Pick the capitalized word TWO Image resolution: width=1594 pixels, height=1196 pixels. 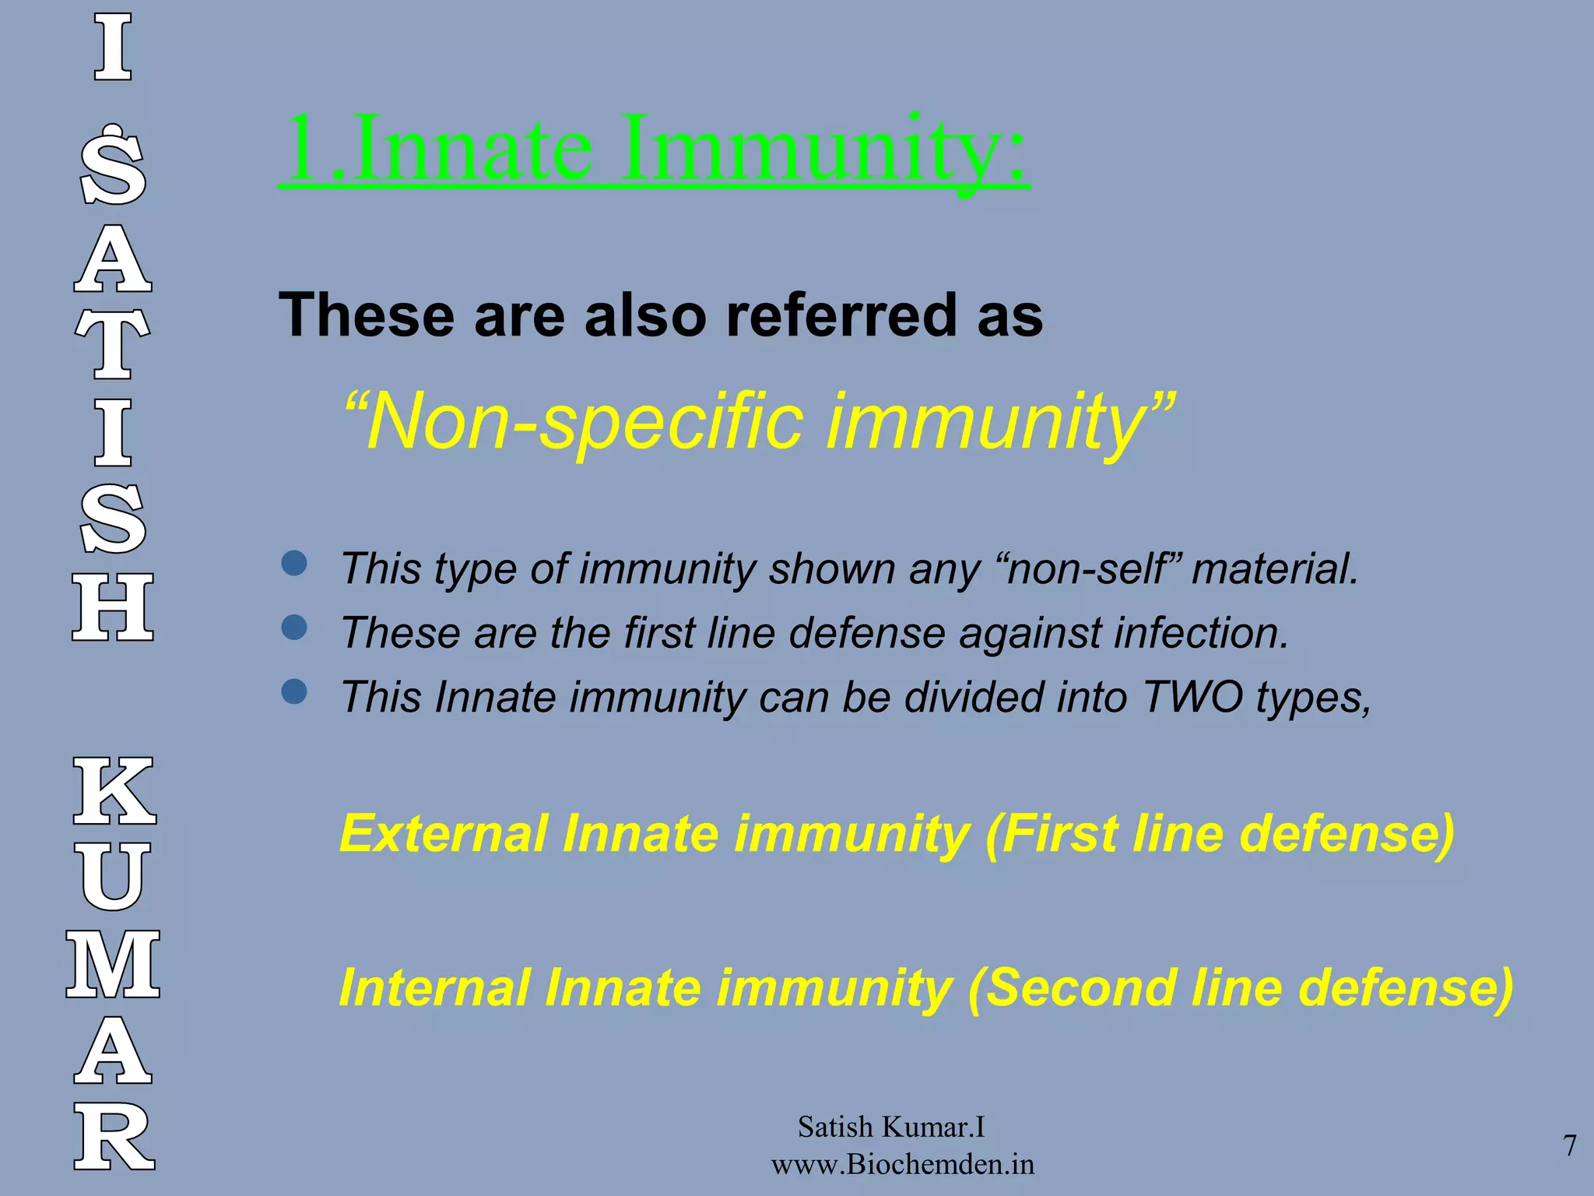(1192, 696)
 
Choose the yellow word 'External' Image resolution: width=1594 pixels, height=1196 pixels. (444, 834)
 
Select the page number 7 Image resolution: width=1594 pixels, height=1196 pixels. (1570, 1145)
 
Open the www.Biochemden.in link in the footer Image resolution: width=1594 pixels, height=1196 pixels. (903, 1165)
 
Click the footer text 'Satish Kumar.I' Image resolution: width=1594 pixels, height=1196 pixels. (891, 1127)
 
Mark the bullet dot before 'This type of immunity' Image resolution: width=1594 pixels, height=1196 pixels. (294, 563)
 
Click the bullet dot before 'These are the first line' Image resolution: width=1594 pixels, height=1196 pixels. (294, 627)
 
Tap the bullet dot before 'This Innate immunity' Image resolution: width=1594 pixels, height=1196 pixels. (294, 691)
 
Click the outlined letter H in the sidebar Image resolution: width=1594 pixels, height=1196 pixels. (113, 607)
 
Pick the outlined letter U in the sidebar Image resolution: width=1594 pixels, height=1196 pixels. (114, 877)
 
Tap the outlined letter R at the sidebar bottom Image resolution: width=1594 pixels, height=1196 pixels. (114, 1138)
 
